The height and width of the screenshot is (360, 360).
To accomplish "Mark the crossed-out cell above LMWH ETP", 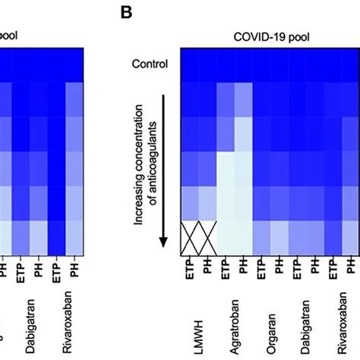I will pyautogui.click(x=189, y=238).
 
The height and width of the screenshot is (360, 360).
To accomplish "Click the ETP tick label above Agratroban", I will pyautogui.click(x=226, y=270).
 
